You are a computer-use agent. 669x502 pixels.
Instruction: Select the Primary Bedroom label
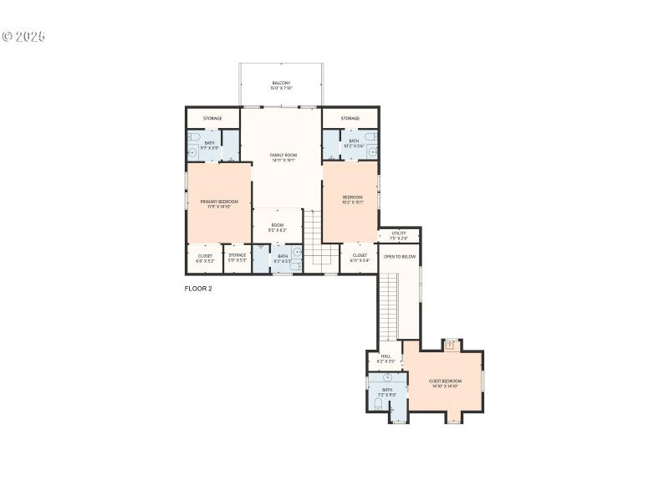219,203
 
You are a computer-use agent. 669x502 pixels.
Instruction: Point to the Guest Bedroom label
445,383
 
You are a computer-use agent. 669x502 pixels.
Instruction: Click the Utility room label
399,235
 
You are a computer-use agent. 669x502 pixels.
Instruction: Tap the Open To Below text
400,257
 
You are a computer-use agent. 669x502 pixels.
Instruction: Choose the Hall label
386,358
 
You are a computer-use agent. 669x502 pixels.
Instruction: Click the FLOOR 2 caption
198,289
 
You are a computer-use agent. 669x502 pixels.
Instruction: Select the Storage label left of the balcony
212,118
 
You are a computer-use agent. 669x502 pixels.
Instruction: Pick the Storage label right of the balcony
350,118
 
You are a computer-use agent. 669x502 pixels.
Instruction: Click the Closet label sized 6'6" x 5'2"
205,258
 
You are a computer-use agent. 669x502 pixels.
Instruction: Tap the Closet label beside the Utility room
360,258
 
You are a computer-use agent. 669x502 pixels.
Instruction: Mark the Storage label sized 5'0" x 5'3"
237,258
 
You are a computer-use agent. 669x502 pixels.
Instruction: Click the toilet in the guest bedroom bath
378,405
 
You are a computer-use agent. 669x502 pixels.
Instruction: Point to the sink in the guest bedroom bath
387,378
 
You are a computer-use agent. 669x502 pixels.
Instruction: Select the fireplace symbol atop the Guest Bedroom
451,343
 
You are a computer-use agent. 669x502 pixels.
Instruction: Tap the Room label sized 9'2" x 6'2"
277,227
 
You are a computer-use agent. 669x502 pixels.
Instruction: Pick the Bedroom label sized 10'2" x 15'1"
352,199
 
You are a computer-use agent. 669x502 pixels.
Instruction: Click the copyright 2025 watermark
23,37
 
